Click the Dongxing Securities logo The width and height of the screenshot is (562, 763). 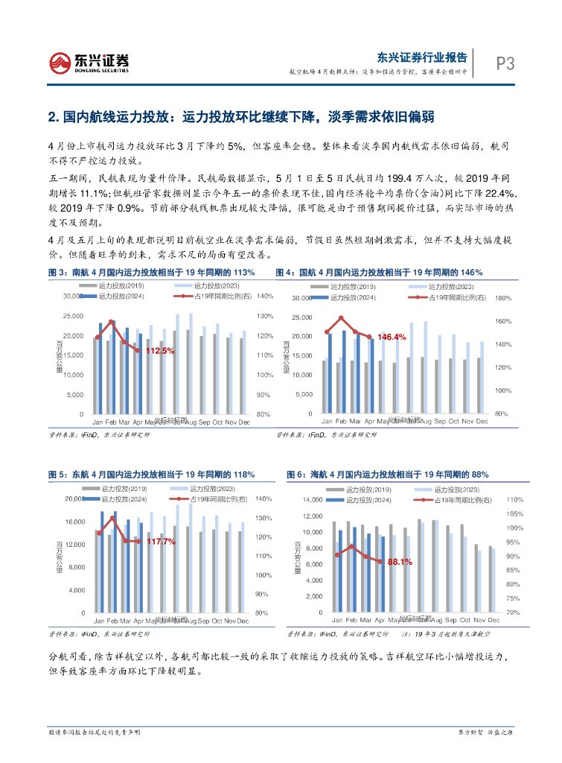point(89,63)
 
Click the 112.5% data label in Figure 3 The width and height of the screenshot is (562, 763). point(159,350)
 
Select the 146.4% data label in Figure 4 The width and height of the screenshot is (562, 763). point(392,337)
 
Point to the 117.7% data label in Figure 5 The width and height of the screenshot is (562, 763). point(161,541)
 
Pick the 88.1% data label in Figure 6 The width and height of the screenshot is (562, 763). point(399,562)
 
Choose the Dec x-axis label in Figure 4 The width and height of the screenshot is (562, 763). point(482,422)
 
